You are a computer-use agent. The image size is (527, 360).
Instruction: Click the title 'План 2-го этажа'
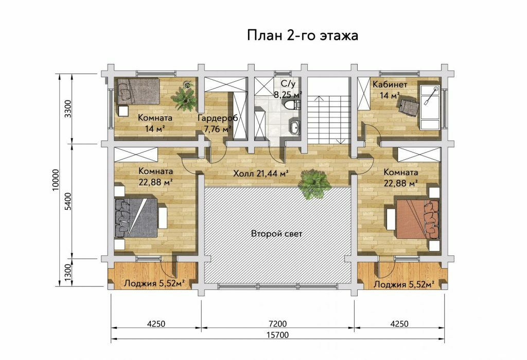(303, 35)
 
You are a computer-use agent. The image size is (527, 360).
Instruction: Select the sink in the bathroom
(295, 128)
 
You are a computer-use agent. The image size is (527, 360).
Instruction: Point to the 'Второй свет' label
(276, 233)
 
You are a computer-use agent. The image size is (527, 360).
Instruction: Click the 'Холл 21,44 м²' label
(261, 174)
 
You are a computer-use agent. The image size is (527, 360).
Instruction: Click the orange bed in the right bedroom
(418, 219)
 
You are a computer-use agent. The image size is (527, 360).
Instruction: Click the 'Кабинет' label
(390, 84)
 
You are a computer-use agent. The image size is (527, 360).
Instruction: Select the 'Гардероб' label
(218, 118)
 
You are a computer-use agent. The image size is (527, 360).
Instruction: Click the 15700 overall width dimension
(277, 335)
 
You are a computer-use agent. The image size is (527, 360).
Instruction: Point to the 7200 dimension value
(278, 323)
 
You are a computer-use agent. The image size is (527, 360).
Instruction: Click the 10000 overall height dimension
(56, 180)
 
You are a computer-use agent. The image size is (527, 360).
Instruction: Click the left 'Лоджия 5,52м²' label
(154, 284)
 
